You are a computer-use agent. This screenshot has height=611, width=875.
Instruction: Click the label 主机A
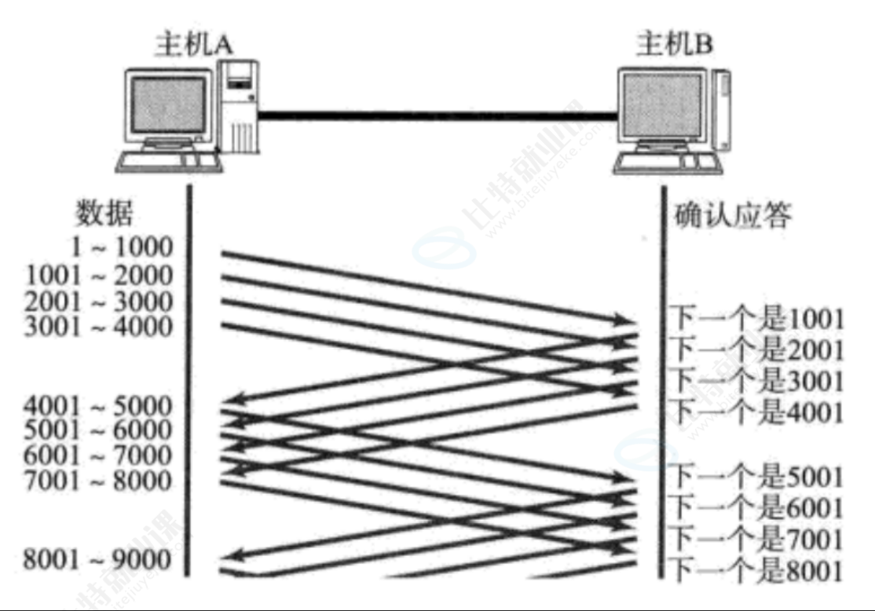[x=193, y=45]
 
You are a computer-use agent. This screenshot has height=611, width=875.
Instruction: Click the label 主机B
[x=675, y=45]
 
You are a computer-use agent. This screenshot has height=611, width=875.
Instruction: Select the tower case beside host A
[x=239, y=110]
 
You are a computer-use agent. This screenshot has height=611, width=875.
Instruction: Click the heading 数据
[x=104, y=213]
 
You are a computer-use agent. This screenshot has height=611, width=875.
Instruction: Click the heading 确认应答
[x=732, y=215]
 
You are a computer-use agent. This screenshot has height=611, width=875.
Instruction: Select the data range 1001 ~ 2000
[x=99, y=275]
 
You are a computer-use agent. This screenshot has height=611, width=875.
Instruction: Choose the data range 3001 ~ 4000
[x=99, y=327]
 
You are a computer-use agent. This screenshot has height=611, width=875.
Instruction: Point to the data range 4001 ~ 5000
[x=97, y=406]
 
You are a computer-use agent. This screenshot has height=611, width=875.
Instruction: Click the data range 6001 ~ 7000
[x=97, y=455]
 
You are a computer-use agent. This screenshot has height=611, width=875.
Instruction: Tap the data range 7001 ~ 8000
[x=97, y=480]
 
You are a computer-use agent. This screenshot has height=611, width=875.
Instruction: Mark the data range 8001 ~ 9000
[x=97, y=560]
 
